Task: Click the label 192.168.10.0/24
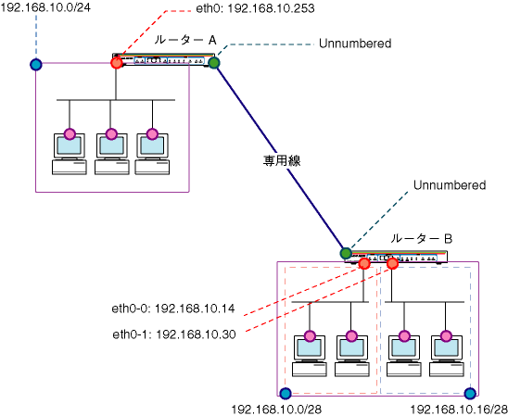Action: click(45, 7)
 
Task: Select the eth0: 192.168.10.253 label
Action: click(255, 8)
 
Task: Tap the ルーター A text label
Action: click(185, 40)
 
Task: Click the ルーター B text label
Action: click(421, 239)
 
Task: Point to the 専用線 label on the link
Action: click(282, 160)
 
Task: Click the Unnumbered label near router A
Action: click(355, 44)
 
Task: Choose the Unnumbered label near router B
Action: click(450, 185)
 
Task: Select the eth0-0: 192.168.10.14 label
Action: click(173, 309)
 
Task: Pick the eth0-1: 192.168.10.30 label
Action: click(174, 334)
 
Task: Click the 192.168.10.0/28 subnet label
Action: click(276, 410)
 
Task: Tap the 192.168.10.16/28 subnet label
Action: click(459, 410)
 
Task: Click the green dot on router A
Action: click(214, 62)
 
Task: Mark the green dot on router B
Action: click(346, 253)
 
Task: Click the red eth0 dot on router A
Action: click(116, 62)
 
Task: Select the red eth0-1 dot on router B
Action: click(392, 263)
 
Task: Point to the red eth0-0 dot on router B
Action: click(364, 263)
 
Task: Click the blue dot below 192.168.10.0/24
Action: click(36, 65)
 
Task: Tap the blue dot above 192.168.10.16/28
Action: click(470, 394)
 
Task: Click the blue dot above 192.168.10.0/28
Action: click(286, 394)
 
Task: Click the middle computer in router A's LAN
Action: click(112, 154)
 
